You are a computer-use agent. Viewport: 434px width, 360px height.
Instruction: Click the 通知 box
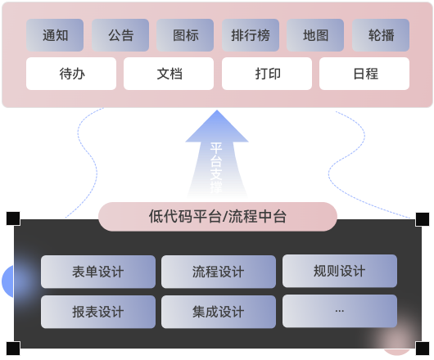point(55,35)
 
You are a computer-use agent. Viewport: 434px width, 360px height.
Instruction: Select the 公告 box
point(120,35)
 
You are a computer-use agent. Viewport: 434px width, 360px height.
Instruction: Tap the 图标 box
point(185,35)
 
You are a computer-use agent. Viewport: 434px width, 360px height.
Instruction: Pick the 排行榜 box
point(251,35)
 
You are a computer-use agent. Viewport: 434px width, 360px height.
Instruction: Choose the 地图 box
point(315,35)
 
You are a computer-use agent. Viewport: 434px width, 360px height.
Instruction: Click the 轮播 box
point(381,35)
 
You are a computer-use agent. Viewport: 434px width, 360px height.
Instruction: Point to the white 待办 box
point(71,74)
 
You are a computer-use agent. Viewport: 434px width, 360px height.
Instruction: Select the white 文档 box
point(169,74)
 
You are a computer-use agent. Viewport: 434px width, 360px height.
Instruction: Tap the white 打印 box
point(267,74)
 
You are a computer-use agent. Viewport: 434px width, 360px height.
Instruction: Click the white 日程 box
point(364,74)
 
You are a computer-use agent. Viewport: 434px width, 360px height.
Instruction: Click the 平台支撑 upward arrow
point(217,155)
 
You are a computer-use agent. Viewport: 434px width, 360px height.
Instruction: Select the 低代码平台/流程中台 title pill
point(218,217)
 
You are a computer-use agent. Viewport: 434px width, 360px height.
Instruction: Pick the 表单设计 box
point(98,272)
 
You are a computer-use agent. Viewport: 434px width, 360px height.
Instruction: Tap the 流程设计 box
point(219,272)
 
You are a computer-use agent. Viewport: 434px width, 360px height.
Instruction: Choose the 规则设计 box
point(340,271)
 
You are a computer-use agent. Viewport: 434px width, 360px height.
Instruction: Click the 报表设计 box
point(98,312)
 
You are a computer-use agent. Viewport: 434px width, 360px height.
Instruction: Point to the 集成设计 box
point(219,312)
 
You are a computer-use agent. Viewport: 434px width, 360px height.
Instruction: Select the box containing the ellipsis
point(340,311)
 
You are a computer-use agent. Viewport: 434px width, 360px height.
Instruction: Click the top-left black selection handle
point(13,218)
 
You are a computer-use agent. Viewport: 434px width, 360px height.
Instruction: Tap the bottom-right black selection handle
point(423,349)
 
